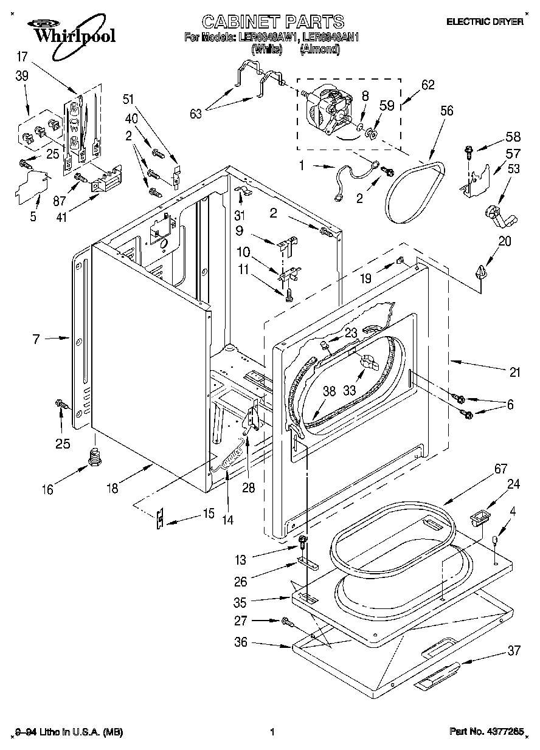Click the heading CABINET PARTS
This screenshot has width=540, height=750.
(x=272, y=22)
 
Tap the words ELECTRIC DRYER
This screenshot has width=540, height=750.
(x=485, y=22)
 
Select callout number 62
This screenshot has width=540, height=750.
(x=427, y=85)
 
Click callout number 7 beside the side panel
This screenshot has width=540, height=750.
(x=36, y=339)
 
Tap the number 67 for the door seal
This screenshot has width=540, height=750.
(x=484, y=469)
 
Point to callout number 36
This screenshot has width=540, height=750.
(x=241, y=642)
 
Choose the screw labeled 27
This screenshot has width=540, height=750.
(x=286, y=621)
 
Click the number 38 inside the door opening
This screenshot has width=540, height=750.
(x=328, y=393)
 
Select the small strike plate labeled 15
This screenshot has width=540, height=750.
(x=160, y=518)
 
